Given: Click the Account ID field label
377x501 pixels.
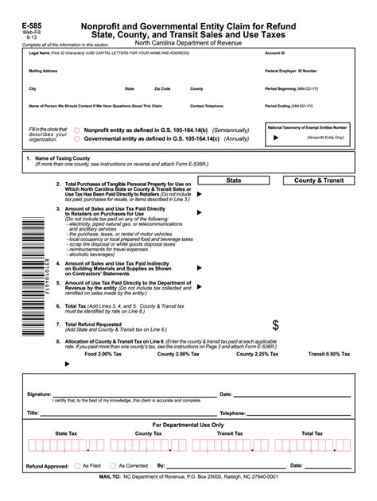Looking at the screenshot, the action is (275, 52).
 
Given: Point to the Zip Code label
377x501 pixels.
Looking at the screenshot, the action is (162, 88).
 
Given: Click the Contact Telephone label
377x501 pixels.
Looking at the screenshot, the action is (207, 106).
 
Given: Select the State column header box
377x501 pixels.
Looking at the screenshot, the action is (233, 181).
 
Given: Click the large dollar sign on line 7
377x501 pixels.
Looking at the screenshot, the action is (275, 325).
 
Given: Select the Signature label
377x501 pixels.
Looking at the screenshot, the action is (39, 394).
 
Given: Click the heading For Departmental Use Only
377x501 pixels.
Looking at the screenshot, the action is (188, 425).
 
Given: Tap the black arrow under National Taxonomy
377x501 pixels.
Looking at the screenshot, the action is (276, 138).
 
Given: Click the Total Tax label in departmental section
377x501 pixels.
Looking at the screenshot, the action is (312, 433).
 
